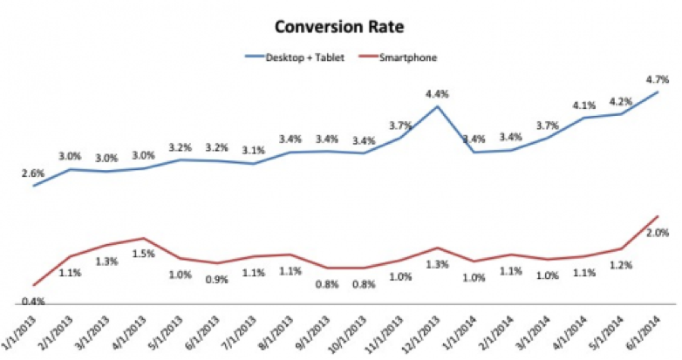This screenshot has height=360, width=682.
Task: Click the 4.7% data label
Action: click(657, 77)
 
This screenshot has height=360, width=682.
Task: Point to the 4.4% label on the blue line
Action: click(437, 93)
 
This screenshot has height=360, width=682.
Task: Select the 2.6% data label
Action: click(33, 173)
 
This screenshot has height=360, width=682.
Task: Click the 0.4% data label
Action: click(33, 302)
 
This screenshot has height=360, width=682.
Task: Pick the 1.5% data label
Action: click(144, 255)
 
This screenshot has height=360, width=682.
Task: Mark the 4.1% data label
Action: click(583, 105)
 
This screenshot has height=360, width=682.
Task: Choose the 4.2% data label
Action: click(620, 99)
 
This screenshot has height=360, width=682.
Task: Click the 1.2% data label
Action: click(620, 264)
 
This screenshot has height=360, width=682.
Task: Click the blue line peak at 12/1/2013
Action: click(437, 106)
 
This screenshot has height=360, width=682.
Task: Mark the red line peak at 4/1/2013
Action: click(143, 238)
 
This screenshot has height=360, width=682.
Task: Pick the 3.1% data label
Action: click(254, 150)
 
